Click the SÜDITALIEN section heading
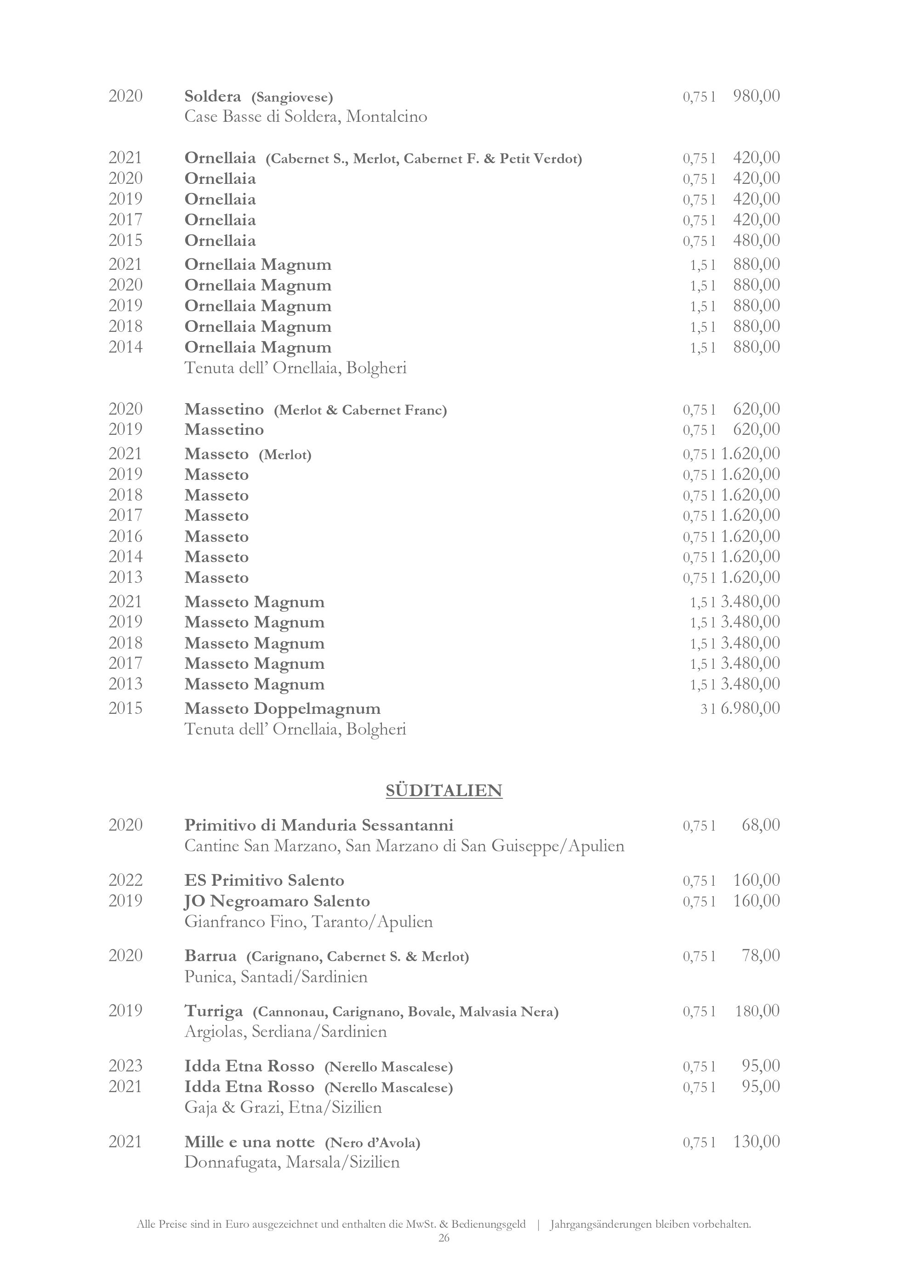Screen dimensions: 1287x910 pos(444,791)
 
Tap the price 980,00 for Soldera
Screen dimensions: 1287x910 pos(756,96)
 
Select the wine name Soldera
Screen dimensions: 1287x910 pos(213,97)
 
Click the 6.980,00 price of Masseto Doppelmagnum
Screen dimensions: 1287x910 pos(751,708)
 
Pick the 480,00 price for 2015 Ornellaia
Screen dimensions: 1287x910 pos(756,240)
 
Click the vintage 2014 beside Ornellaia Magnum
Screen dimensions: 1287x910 pos(125,347)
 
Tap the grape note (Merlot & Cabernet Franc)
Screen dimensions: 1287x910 pos(360,410)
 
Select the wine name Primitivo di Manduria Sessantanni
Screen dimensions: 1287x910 pos(319,825)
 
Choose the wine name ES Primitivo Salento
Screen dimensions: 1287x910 pos(264,880)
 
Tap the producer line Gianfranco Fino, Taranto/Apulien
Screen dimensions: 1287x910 pos(309,922)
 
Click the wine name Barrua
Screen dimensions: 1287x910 pos(210,955)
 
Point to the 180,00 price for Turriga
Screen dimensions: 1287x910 pos(757,1011)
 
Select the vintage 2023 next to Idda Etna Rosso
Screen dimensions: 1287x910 pos(125,1065)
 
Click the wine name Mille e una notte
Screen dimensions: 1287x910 pos(250,1142)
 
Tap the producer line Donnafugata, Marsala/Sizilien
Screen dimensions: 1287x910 pos(292,1162)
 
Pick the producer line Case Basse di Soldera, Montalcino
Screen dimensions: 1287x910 pos(306,117)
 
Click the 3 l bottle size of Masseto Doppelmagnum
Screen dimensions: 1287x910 pos(708,709)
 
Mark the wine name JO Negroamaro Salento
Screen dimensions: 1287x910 pos(278,901)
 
